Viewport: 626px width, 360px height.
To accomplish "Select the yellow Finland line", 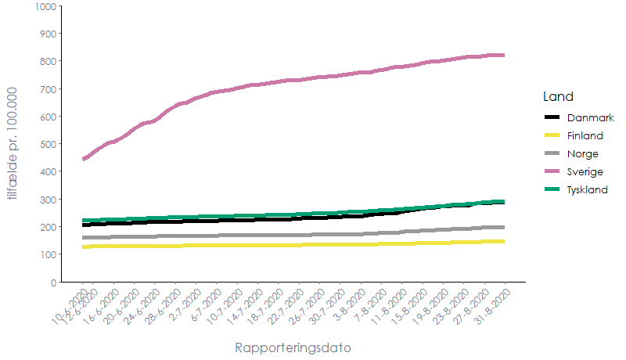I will (313, 244).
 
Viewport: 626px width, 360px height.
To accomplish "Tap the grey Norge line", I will (313, 234).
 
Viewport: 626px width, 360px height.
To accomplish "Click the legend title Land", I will (558, 97).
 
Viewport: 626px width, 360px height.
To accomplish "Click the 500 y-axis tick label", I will (49, 144).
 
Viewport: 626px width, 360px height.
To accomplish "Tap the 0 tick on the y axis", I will (53, 282).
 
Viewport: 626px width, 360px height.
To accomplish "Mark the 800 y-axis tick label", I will (49, 61).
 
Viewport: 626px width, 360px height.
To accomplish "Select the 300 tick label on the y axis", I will (49, 200).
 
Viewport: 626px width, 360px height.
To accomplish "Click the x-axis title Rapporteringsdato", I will (292, 347).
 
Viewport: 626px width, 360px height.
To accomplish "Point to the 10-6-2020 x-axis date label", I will (70, 307).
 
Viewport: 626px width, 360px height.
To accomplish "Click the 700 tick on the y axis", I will (49, 89).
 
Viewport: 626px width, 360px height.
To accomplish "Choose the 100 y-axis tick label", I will (49, 254).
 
